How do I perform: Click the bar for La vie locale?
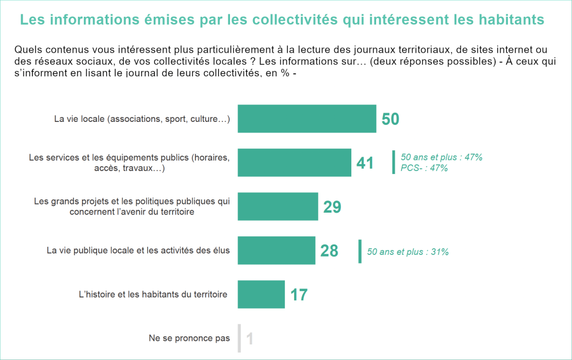tap(307, 119)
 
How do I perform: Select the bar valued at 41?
tap(294, 162)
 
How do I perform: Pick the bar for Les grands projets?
tap(278, 206)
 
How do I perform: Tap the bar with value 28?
tap(276, 250)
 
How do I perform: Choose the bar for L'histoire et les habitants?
tap(261, 294)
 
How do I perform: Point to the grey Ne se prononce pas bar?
tap(239, 338)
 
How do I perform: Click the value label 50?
tap(391, 119)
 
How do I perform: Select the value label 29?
tap(332, 207)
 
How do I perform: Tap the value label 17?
tap(299, 295)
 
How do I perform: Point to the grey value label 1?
tap(250, 339)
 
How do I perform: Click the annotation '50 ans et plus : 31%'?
tap(408, 252)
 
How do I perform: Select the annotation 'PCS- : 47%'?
tap(424, 168)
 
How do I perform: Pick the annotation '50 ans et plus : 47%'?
tap(441, 157)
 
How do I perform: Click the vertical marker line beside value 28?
tap(360, 251)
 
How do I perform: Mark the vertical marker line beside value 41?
tap(393, 162)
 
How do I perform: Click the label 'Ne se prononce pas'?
tap(189, 339)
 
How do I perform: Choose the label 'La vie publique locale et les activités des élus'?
tap(138, 250)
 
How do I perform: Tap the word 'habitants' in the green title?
tap(512, 20)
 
